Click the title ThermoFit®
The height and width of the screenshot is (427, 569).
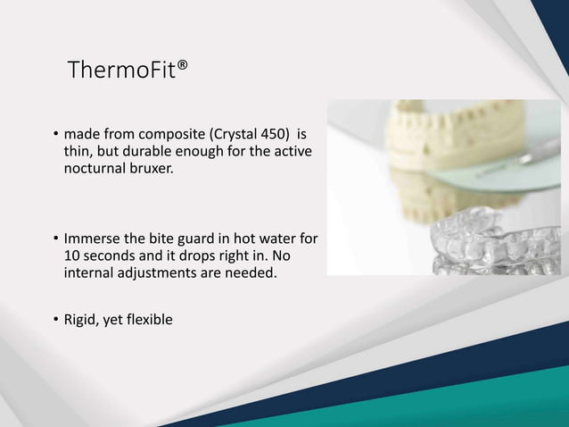point(128,70)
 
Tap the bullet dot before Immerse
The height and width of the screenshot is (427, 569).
point(54,240)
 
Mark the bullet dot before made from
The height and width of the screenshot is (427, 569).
point(54,137)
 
